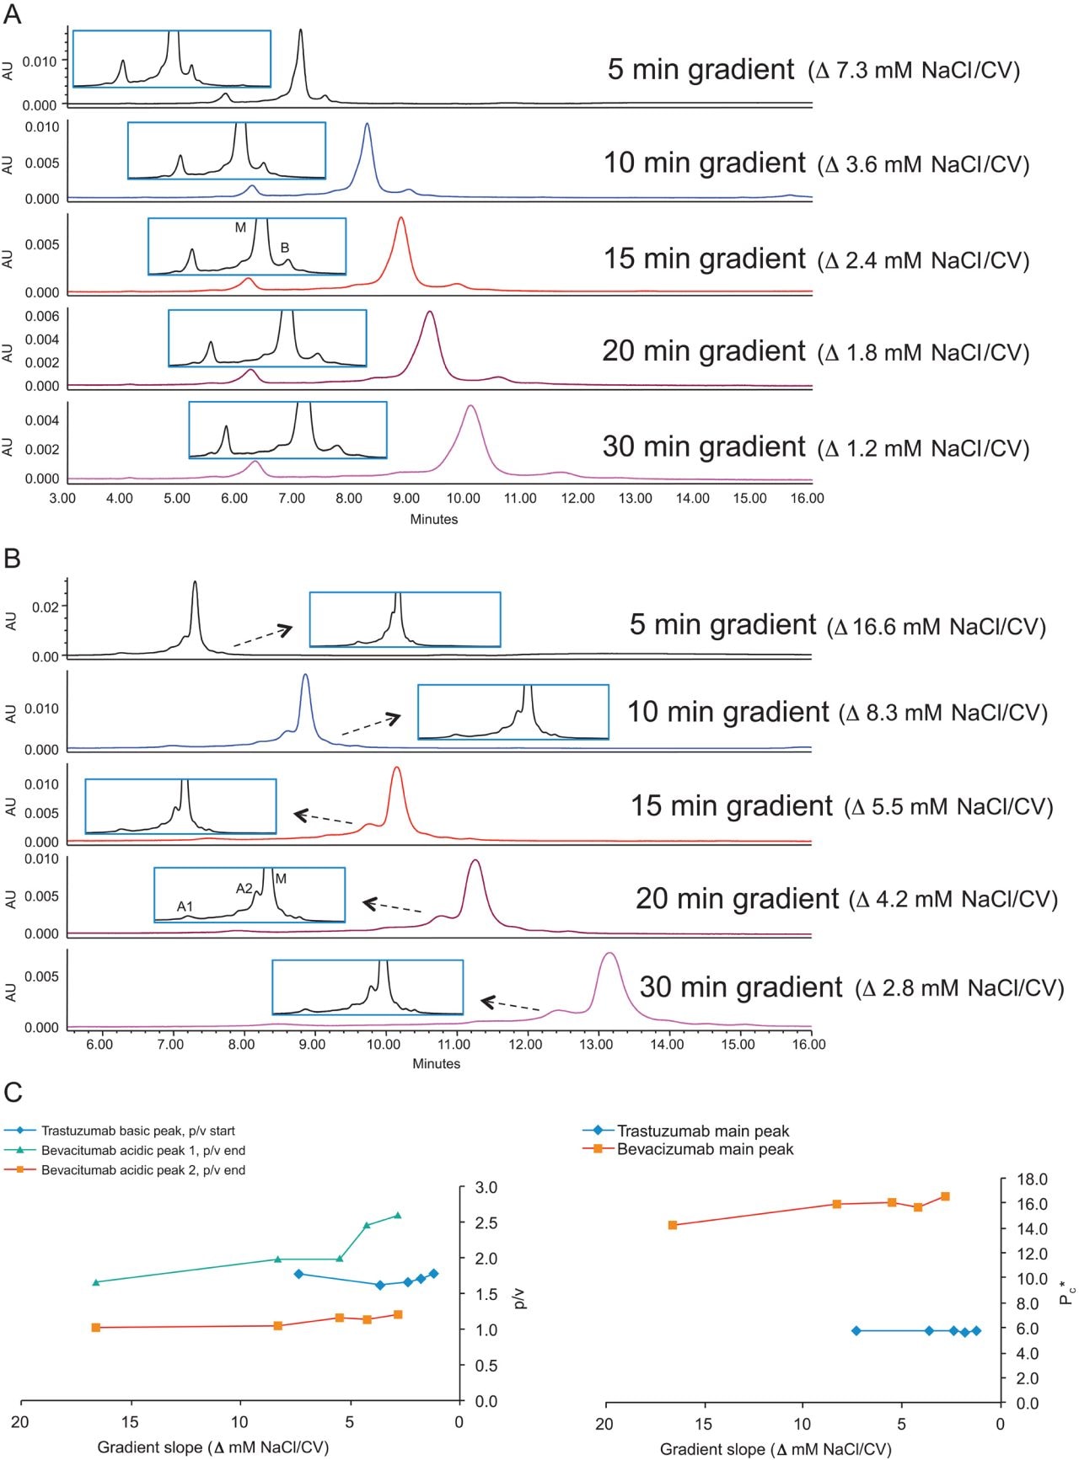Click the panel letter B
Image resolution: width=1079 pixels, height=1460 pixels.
click(12, 558)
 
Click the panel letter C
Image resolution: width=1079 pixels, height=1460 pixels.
click(13, 1093)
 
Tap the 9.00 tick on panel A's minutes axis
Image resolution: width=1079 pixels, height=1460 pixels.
click(405, 498)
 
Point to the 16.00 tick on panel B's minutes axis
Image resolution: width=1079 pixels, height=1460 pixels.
click(808, 1044)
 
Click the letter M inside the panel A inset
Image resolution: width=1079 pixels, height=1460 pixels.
click(240, 227)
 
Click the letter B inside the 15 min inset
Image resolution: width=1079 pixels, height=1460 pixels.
click(285, 248)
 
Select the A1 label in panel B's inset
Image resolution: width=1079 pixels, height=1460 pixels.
click(185, 906)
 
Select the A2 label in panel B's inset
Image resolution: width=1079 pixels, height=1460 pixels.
click(244, 888)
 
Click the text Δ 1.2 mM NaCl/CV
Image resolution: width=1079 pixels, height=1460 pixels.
click(924, 447)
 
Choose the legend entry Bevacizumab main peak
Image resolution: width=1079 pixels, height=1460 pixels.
click(705, 1149)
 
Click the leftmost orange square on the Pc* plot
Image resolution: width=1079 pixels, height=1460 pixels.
click(673, 1225)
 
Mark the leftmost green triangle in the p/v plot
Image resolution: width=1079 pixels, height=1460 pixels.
click(95, 1282)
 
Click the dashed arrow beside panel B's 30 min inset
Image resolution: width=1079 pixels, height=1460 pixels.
click(510, 1004)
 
